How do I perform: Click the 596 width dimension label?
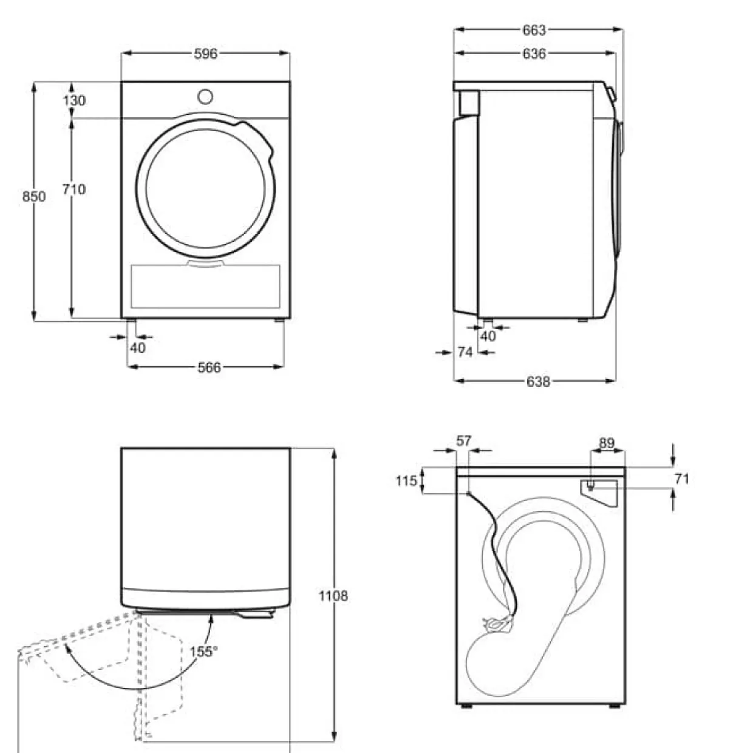205,54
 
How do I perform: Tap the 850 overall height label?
34,196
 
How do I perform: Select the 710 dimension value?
74,189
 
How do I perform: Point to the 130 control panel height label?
74,100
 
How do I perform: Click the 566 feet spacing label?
209,367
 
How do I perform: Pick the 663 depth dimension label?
534,30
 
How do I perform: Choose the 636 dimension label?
534,53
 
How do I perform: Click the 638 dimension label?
538,381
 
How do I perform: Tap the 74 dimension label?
465,352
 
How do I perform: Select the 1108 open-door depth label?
333,596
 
